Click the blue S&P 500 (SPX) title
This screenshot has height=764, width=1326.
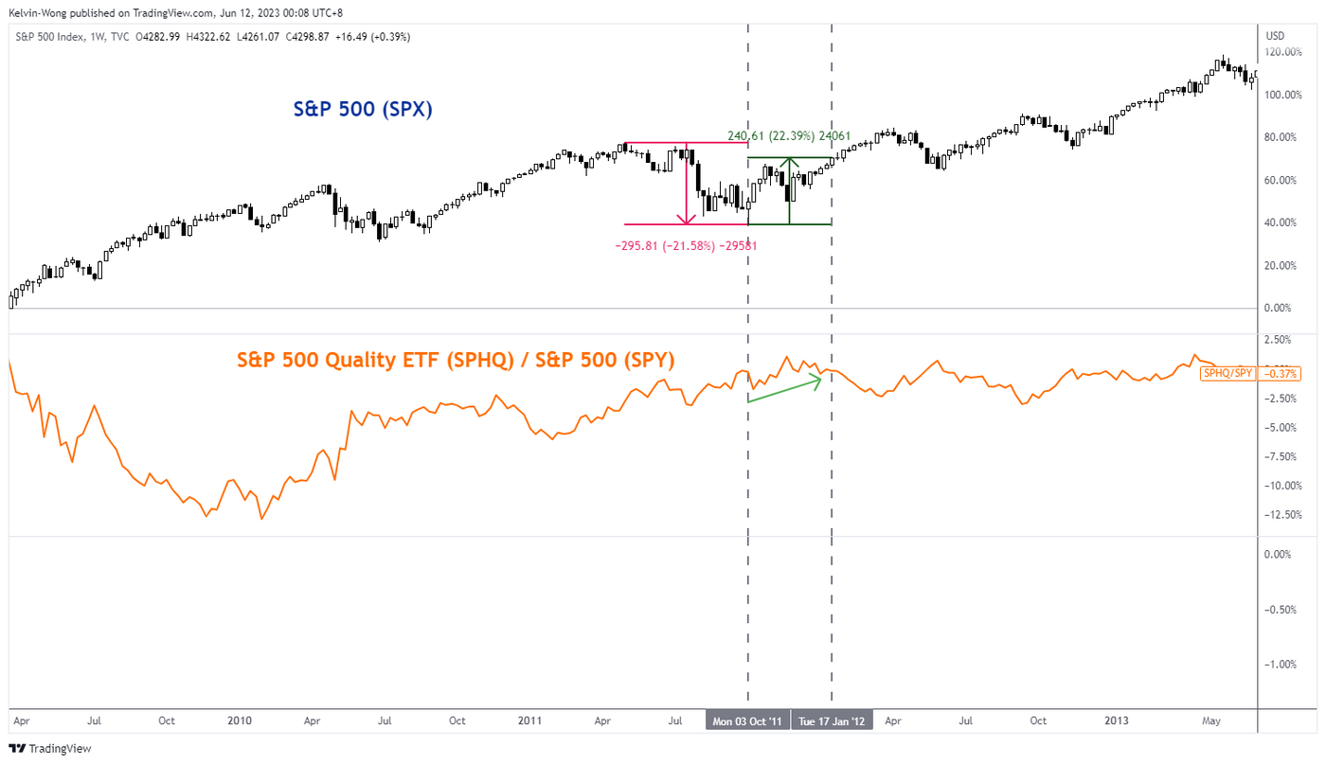363,109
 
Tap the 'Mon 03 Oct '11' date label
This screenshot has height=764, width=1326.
748,721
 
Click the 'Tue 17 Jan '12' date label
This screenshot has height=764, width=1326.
832,721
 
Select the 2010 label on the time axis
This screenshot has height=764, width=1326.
240,721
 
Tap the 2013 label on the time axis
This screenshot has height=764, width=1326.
1117,721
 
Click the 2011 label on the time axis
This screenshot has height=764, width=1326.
529,721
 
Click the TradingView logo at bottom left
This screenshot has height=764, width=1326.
52,749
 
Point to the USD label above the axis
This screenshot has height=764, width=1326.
1275,36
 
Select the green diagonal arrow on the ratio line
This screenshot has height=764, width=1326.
783,390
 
